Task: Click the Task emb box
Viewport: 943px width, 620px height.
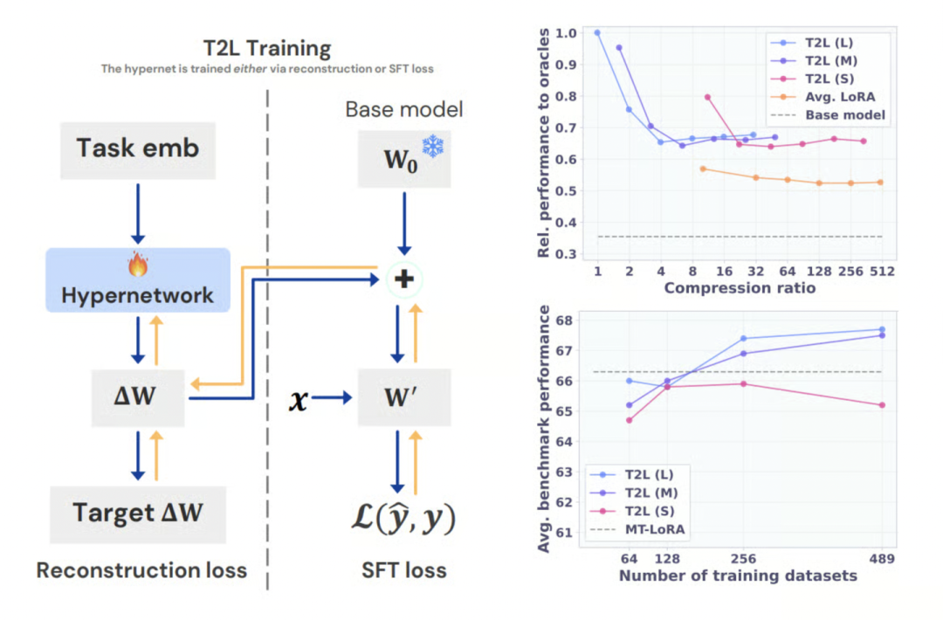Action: [x=138, y=148]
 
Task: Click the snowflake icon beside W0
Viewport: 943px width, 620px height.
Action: [x=432, y=147]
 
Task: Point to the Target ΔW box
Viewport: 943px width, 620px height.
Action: [x=138, y=512]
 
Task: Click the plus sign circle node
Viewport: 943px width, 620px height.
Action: [x=403, y=279]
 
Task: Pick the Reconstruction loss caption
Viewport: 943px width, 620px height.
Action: [x=141, y=570]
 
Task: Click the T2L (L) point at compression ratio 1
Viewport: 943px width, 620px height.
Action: [x=597, y=33]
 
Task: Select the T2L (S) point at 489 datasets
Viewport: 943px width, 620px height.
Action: [x=882, y=405]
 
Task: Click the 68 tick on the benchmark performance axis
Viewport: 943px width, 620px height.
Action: [x=565, y=320]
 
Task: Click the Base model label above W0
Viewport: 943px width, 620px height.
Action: [x=404, y=109]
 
